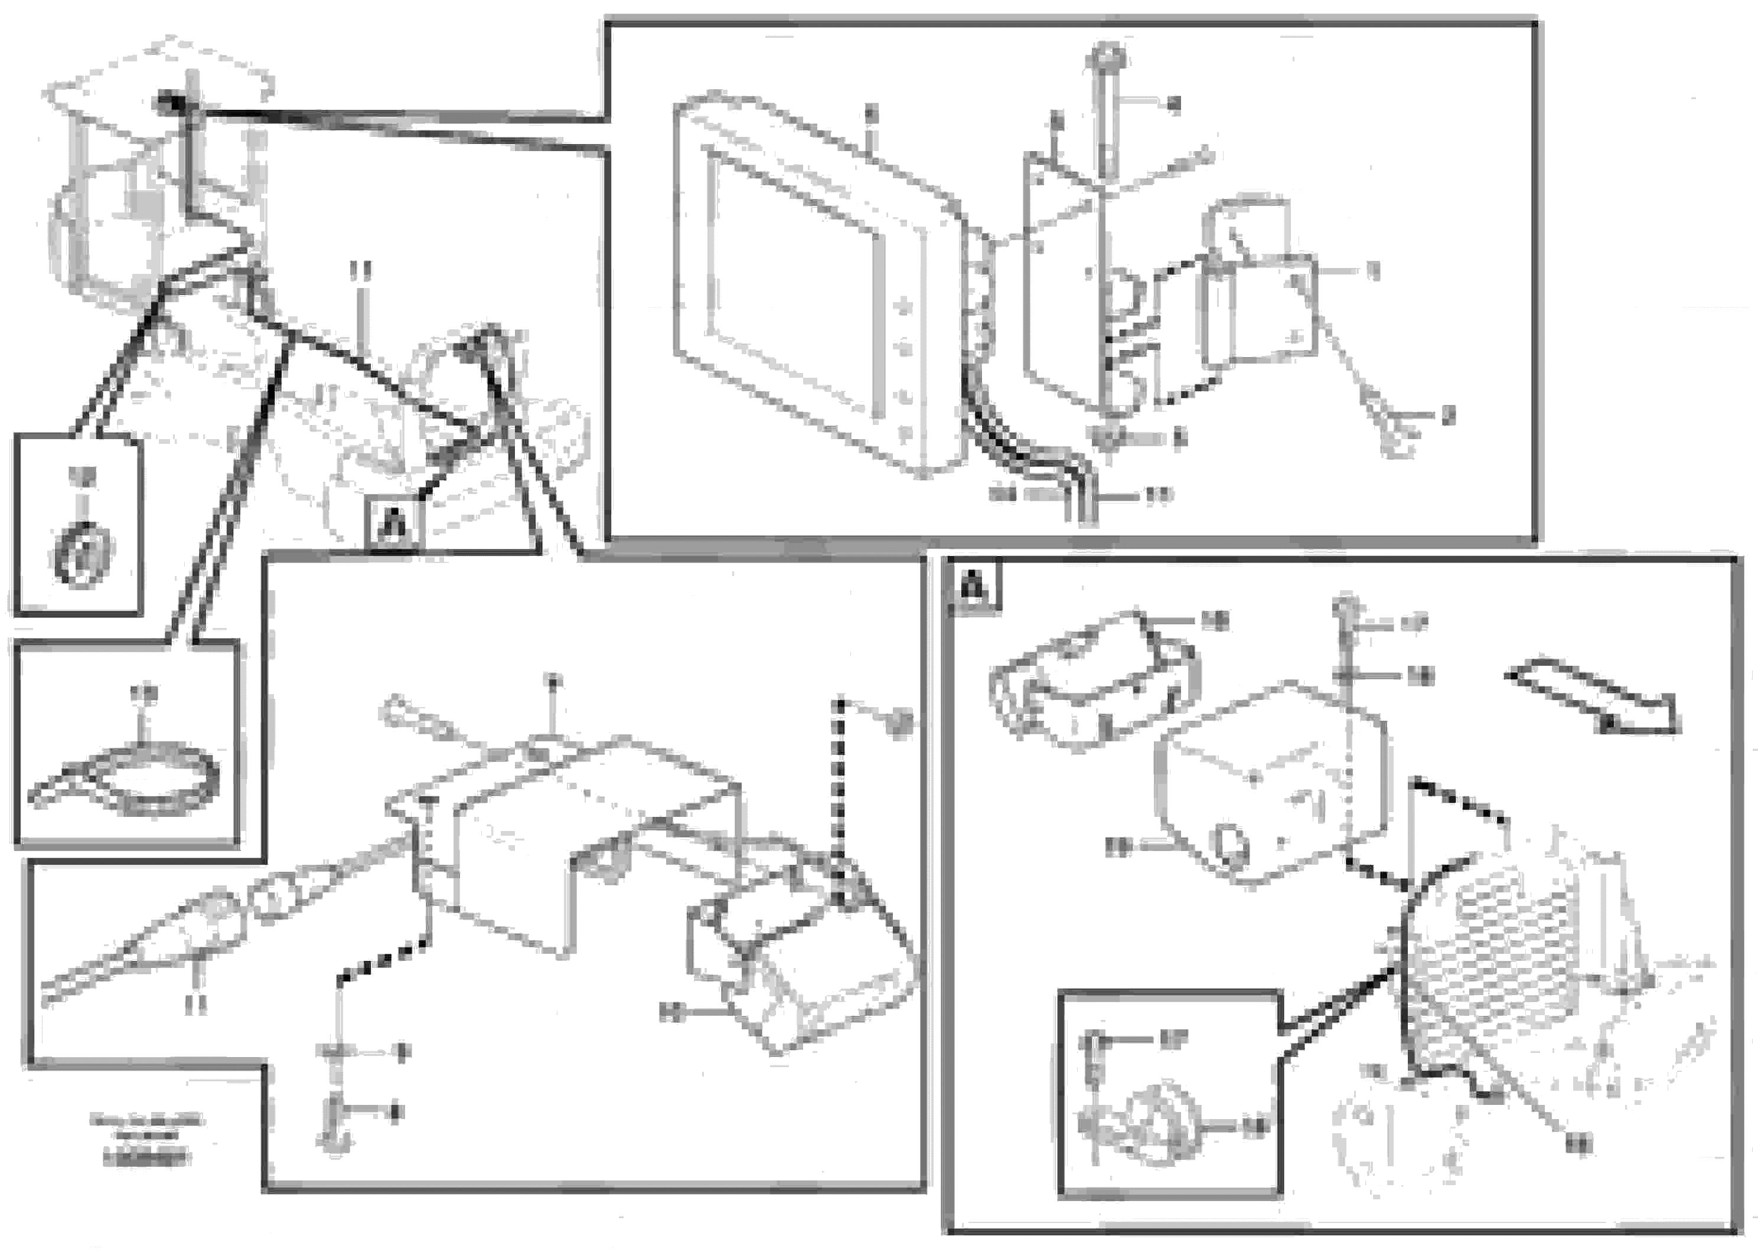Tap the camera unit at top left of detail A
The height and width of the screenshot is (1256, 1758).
click(x=1091, y=681)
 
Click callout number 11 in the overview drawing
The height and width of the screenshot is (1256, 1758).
click(x=360, y=271)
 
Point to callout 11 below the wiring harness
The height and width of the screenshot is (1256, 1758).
click(x=197, y=1005)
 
